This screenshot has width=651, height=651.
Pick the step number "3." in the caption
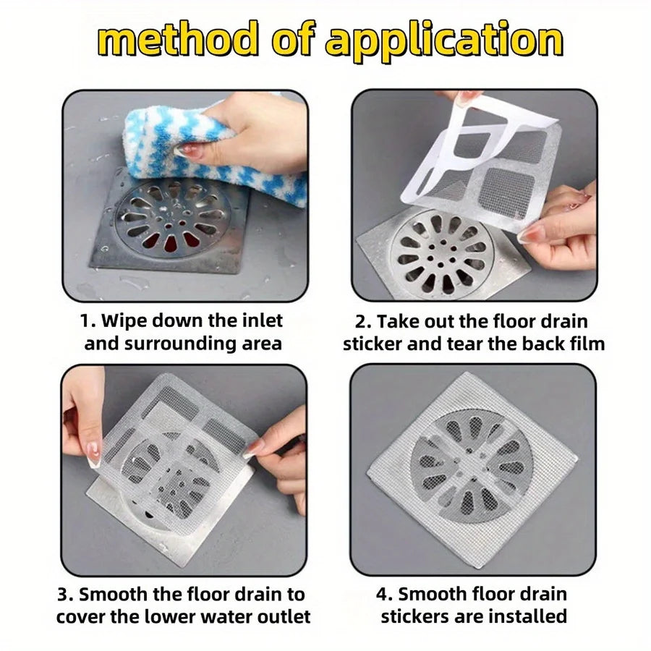(67, 595)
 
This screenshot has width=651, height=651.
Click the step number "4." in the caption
(384, 595)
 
